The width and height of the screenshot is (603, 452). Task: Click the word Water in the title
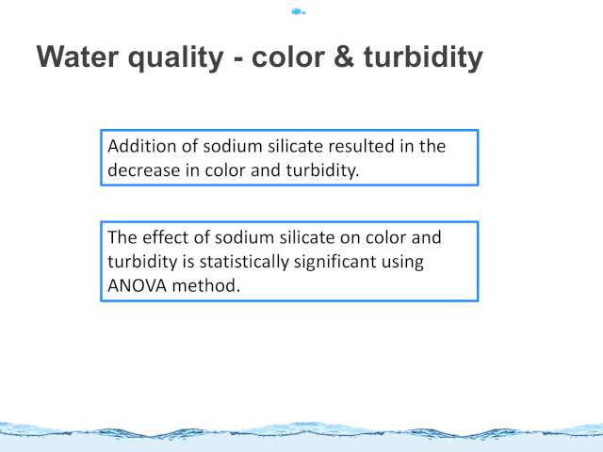(x=77, y=56)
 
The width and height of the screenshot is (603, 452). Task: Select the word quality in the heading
(x=176, y=58)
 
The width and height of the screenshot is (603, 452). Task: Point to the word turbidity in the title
(x=423, y=58)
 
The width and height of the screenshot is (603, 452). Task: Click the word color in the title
(x=288, y=56)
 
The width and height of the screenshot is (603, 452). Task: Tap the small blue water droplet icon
(x=299, y=12)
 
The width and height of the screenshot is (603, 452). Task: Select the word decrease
(x=144, y=170)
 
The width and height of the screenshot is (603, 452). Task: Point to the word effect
(x=166, y=237)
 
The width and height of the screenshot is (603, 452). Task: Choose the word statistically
(x=244, y=262)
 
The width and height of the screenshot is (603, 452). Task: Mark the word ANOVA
(x=137, y=286)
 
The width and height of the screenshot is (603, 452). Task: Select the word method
(x=205, y=286)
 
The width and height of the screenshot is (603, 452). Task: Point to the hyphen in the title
(x=238, y=59)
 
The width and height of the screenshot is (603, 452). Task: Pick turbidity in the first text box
(x=322, y=170)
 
